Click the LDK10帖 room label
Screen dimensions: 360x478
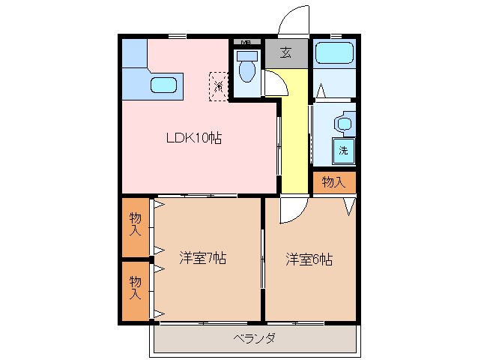[x=193, y=138]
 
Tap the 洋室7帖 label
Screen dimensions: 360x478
[x=202, y=259]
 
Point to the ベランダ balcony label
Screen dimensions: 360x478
[x=254, y=339]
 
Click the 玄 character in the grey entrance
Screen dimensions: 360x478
[x=286, y=52]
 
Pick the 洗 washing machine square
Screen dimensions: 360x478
[x=343, y=149]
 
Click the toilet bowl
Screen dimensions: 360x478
[x=246, y=70]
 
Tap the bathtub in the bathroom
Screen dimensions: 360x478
[x=333, y=54]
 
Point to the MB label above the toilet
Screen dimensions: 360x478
[x=245, y=41]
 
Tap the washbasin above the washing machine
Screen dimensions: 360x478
[x=344, y=122]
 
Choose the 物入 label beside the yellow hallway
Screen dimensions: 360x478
[x=333, y=182]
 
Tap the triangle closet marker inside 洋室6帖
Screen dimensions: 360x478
[x=349, y=206]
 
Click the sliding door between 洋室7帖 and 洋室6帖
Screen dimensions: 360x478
[x=262, y=259]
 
